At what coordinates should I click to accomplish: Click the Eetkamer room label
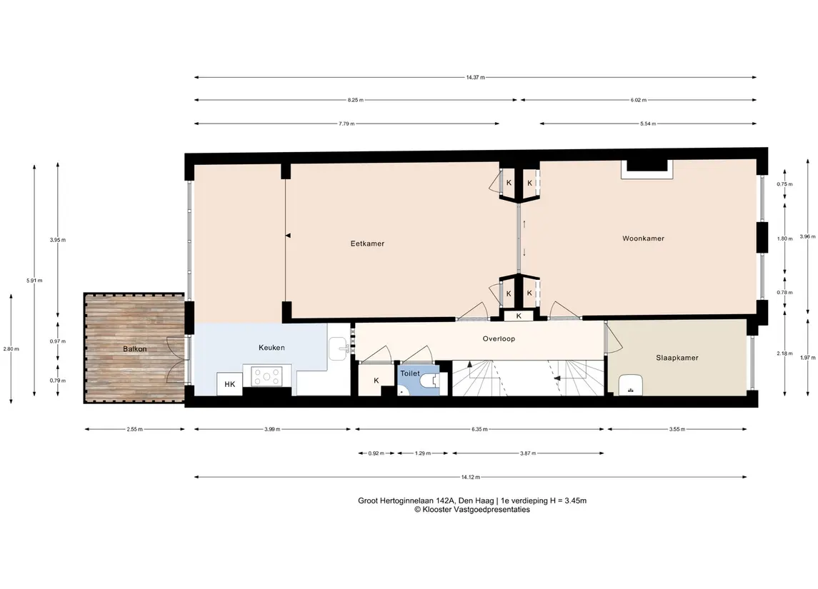(367, 243)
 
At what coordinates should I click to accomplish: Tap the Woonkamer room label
(643, 238)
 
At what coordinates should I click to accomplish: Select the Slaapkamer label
(677, 358)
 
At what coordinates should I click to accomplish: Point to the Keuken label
(271, 347)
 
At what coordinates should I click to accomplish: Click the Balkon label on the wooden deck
(134, 348)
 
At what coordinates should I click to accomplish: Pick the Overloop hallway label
(499, 338)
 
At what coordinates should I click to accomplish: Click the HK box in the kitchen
(229, 384)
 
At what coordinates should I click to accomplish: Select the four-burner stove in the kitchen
(266, 376)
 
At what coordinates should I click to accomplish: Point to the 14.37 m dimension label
(475, 77)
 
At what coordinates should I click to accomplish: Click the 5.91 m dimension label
(34, 281)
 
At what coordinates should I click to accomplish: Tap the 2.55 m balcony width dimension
(134, 430)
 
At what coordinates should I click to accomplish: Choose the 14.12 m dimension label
(471, 477)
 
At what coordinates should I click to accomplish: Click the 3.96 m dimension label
(807, 236)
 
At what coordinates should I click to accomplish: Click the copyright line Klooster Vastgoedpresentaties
(472, 510)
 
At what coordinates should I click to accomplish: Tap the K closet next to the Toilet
(376, 381)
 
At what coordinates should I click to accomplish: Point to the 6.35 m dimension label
(479, 430)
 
